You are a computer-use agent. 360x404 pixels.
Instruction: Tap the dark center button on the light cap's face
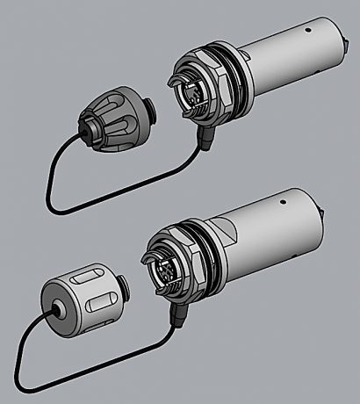[x=57, y=310]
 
